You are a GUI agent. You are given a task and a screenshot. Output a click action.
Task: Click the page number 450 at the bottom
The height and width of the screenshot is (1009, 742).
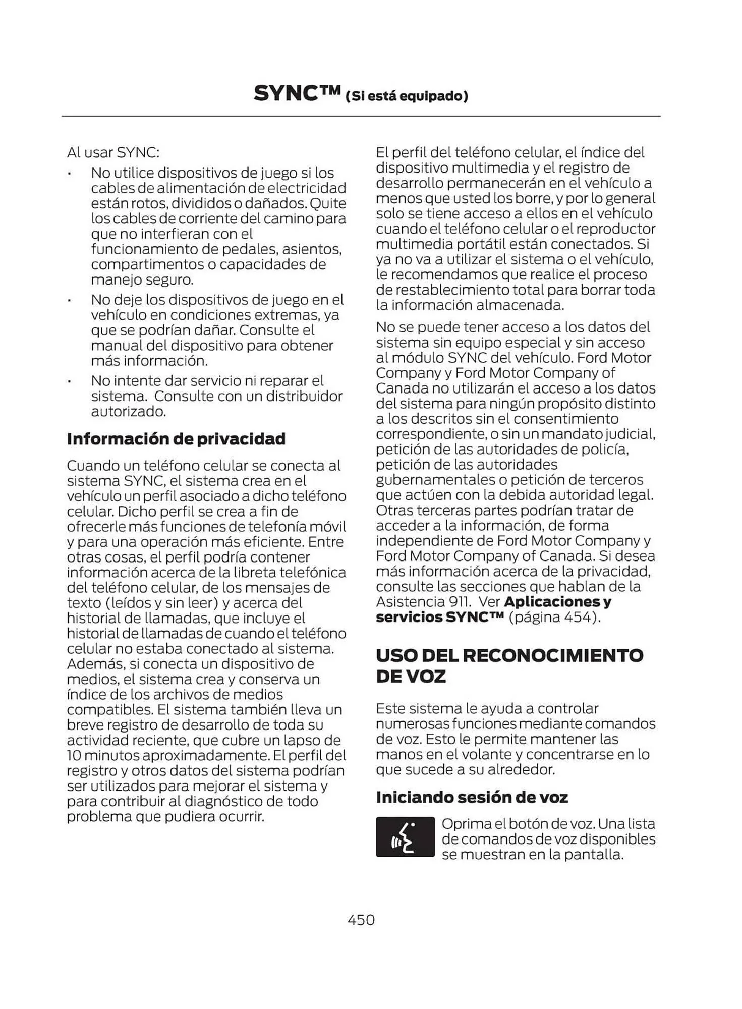tap(361, 920)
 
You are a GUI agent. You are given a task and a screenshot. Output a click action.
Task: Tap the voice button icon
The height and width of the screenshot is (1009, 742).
tap(405, 836)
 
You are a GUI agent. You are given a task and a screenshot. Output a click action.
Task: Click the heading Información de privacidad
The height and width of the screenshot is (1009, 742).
tap(176, 439)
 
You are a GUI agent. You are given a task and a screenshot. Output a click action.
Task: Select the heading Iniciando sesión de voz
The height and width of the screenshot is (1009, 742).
tap(472, 797)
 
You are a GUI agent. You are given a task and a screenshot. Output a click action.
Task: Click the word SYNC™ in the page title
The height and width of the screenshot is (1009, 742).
tap(297, 94)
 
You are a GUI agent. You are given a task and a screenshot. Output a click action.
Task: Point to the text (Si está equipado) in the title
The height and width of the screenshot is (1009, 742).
tap(407, 96)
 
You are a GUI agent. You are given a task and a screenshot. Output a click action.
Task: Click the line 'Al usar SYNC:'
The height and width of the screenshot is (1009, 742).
tap(113, 152)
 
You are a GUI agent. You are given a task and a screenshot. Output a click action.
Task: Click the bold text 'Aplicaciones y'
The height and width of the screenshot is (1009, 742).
tap(557, 602)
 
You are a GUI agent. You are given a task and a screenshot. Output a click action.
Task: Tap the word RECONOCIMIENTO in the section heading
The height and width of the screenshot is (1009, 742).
tap(552, 655)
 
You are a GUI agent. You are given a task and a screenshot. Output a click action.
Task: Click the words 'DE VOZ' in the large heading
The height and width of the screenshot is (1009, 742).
tap(411, 677)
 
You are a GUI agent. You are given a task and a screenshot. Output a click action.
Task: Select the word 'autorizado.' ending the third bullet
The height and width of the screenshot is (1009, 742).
tap(129, 412)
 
